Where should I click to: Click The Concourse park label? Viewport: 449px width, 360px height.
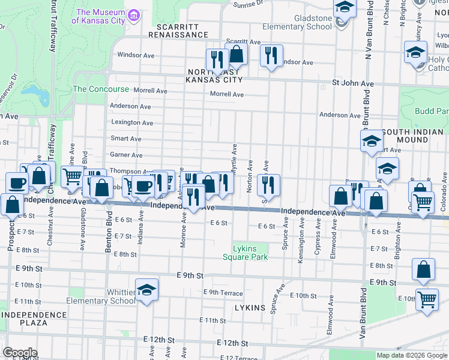[101, 89]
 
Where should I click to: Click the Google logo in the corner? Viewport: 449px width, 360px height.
[20, 353]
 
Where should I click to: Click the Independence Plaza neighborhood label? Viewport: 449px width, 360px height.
[25, 318]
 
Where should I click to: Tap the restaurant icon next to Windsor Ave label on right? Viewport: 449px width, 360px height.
[271, 56]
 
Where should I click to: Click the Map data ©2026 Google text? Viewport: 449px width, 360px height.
[412, 355]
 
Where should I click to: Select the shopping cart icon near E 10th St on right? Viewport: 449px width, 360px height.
[427, 298]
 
